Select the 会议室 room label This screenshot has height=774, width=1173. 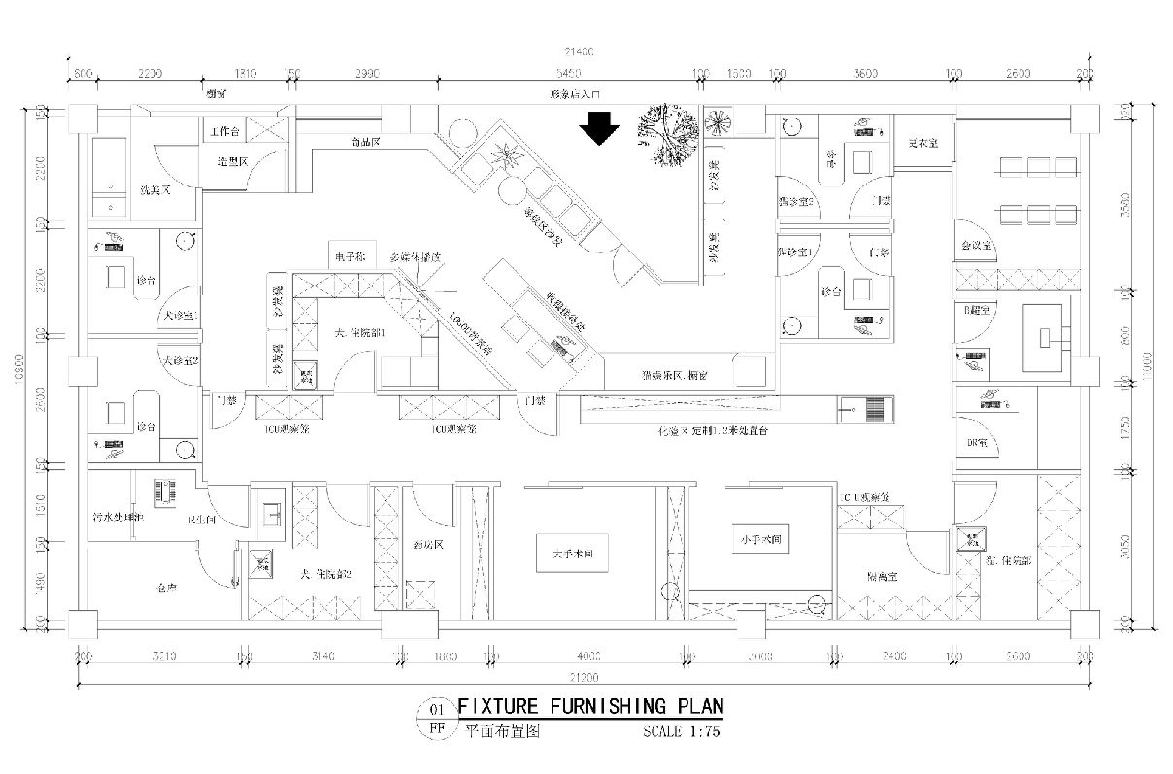(975, 247)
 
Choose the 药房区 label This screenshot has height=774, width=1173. (426, 545)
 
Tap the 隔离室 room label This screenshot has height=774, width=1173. (882, 576)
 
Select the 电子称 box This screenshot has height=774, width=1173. (348, 257)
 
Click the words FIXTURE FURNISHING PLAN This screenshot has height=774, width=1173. (589, 706)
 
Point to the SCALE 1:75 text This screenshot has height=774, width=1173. (681, 732)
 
